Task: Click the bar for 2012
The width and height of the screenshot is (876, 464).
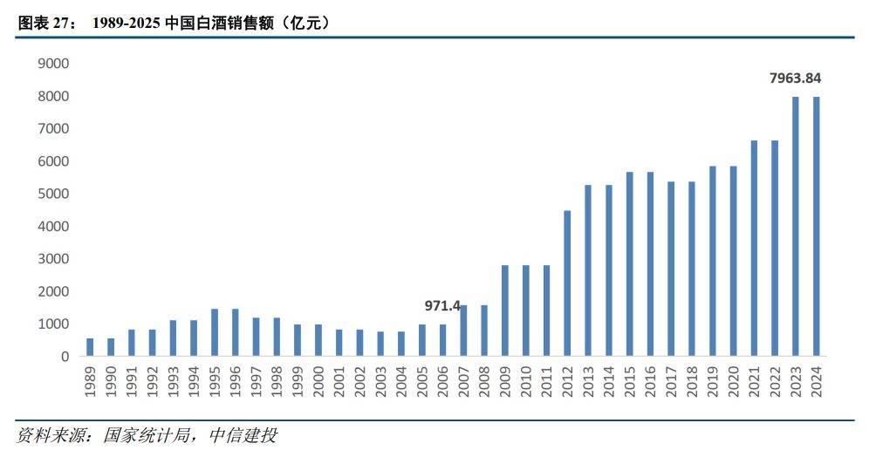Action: pyautogui.click(x=567, y=283)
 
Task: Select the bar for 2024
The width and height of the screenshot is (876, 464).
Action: pyautogui.click(x=817, y=227)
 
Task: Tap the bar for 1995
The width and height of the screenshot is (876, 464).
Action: pyautogui.click(x=214, y=332)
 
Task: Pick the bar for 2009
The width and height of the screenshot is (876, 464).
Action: pyautogui.click(x=505, y=310)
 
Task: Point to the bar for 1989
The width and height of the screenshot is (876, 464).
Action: pyautogui.click(x=90, y=347)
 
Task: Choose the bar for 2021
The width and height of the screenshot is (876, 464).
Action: pyautogui.click(x=754, y=249)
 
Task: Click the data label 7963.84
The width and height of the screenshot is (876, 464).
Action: pyautogui.click(x=795, y=78)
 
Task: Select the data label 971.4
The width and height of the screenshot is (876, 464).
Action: pyautogui.click(x=443, y=306)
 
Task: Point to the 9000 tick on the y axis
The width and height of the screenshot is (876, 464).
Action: pyautogui.click(x=54, y=64)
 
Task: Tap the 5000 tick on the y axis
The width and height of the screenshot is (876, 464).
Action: pyautogui.click(x=54, y=194)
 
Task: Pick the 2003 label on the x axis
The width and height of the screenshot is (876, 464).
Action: pyautogui.click(x=381, y=380)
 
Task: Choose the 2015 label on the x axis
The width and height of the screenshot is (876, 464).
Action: pyautogui.click(x=630, y=380)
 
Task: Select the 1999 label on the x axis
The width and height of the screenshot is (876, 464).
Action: pyautogui.click(x=298, y=380)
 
